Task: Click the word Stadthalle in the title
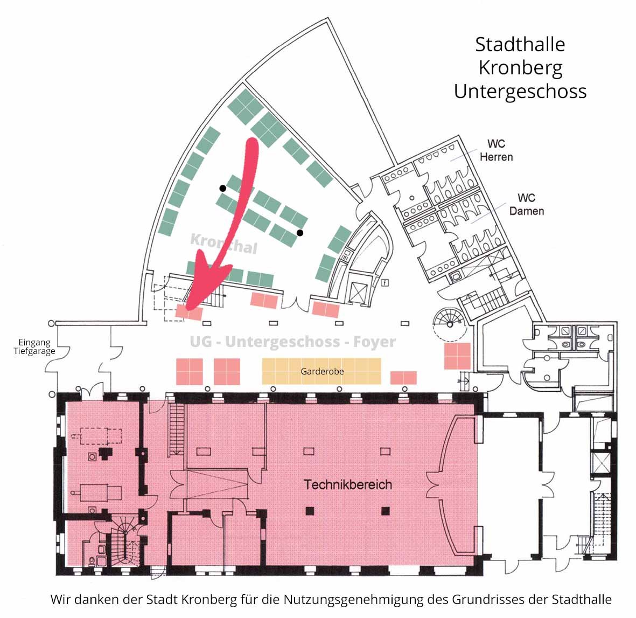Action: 520,44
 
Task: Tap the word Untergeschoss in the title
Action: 520,91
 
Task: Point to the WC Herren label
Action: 497,150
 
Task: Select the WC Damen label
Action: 527,204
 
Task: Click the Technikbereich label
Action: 348,484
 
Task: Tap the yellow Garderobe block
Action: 322,371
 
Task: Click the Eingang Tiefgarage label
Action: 34,347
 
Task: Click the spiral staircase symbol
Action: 450,323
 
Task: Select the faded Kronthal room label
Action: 224,244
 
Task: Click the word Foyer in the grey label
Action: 374,342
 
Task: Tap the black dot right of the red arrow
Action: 300,233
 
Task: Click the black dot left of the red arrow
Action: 223,188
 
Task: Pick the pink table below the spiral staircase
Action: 458,356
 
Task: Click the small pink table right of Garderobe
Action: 403,377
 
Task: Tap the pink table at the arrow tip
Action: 189,313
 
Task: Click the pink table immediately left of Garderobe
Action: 227,371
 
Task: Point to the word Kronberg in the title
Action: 520,68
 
